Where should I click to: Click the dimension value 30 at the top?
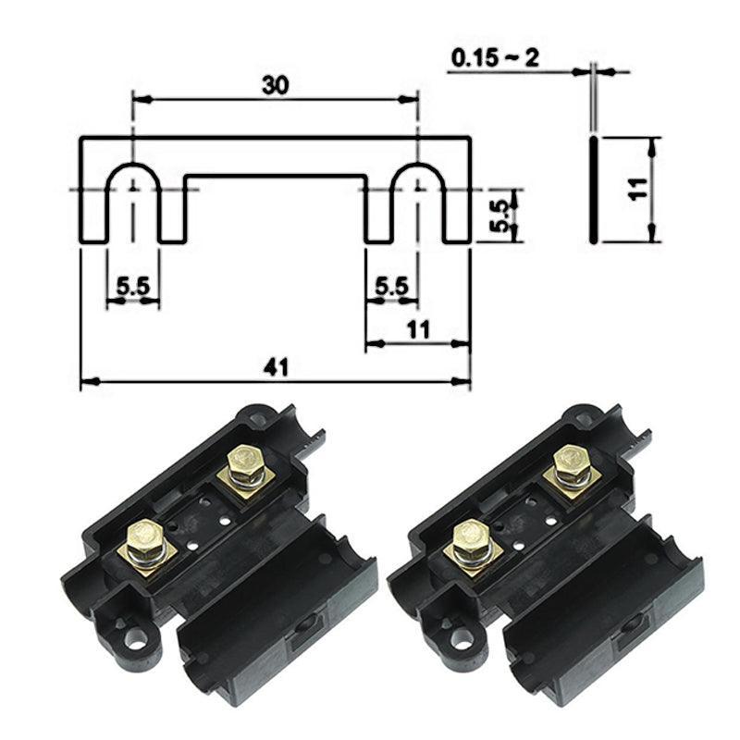click(275, 84)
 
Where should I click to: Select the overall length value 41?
click(275, 367)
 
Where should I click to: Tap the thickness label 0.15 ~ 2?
click(495, 58)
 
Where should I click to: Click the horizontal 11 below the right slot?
click(418, 328)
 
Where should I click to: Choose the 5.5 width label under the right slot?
click(392, 287)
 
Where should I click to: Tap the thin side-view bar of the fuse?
click(592, 190)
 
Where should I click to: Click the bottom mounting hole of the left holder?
click(136, 637)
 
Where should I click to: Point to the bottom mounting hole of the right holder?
click(460, 637)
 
